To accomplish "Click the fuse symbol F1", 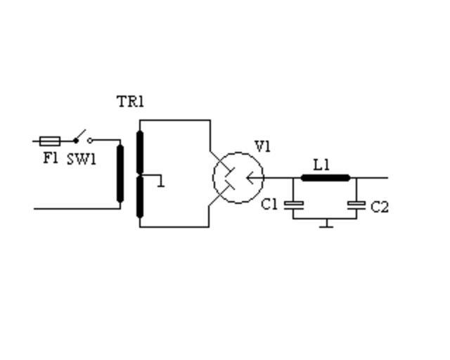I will click(x=50, y=141).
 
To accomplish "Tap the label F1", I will click(x=50, y=158).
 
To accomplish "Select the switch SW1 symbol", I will click(x=82, y=137).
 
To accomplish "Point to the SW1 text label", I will click(x=82, y=159).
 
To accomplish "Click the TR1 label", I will click(x=130, y=101).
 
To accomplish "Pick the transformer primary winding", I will click(x=120, y=174).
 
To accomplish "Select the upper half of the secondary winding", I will click(x=140, y=151).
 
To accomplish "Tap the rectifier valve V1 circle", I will click(x=238, y=177).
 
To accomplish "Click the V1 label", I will click(x=262, y=146).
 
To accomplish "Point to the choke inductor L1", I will click(x=325, y=177).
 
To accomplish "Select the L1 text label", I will click(x=321, y=165).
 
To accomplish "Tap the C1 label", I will click(x=270, y=205).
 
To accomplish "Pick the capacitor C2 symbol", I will click(x=356, y=205).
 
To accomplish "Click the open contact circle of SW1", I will click(x=89, y=141).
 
